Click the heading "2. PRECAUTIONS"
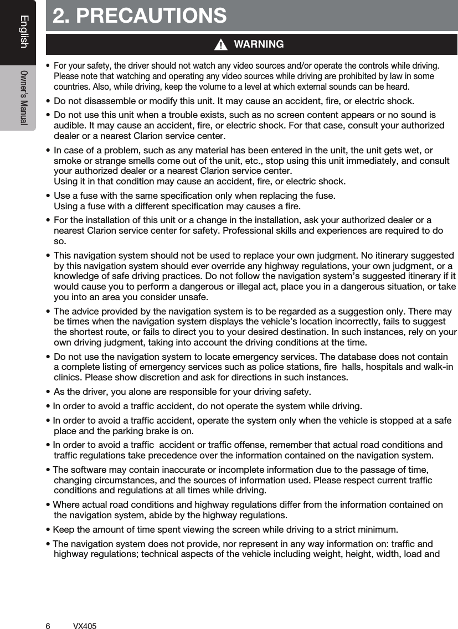(140, 16)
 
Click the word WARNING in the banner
(259, 44)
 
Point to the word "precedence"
(168, 455)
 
